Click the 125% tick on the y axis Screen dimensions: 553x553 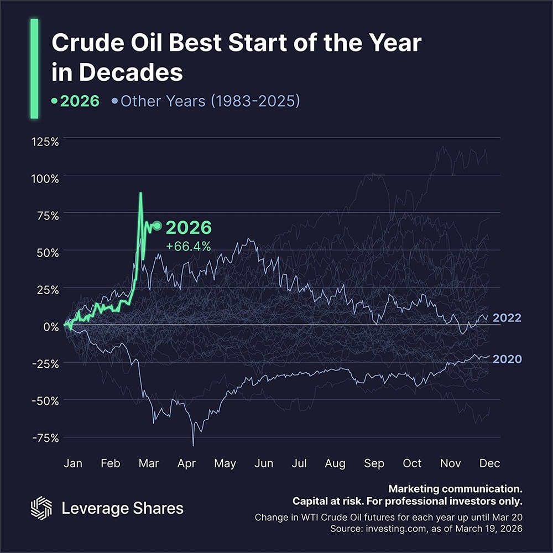(x=44, y=141)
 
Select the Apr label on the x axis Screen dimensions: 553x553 (x=186, y=463)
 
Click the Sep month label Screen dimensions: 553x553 (x=375, y=463)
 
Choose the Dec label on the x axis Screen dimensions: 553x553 (x=489, y=463)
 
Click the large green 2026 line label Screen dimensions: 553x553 (x=189, y=228)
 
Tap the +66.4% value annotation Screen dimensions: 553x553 (x=189, y=247)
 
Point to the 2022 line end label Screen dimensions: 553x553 (x=507, y=318)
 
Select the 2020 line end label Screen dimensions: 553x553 (x=507, y=359)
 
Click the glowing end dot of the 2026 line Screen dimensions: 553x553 (x=157, y=226)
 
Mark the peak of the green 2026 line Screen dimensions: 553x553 (x=140, y=193)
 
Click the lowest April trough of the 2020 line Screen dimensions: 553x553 (x=193, y=445)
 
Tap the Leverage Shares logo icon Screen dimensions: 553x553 (x=40, y=508)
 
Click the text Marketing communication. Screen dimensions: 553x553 (x=455, y=489)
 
